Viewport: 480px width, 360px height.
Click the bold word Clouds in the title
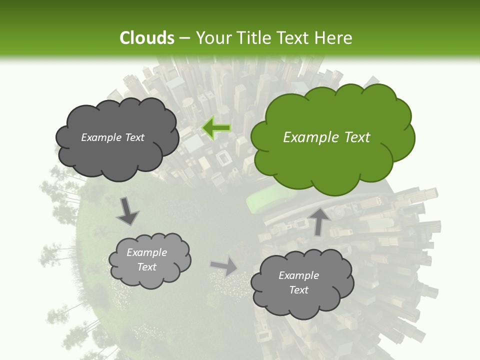pos(147,38)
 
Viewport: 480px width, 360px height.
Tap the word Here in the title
pos(333,38)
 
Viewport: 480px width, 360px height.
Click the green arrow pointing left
pos(216,128)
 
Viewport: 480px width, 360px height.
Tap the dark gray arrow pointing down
pos(127,211)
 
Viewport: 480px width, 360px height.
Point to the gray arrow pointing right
pos(224,266)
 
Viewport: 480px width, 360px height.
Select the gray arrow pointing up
pos(318,220)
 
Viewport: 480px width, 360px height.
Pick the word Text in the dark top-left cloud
pos(134,137)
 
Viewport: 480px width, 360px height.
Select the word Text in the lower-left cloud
pos(146,267)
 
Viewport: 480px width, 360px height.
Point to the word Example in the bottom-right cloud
pos(298,275)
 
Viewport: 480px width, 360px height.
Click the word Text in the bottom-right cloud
pos(298,290)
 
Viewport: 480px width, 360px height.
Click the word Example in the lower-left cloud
pos(146,252)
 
